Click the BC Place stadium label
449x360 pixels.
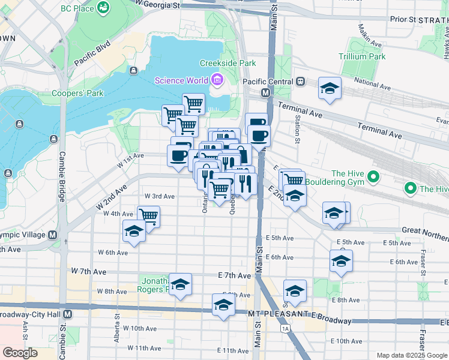79,8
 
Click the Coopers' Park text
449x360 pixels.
77,93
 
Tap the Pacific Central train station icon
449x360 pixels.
300,81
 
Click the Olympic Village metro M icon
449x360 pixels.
52,235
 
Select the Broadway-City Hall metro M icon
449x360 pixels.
67,314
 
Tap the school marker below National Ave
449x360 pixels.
329,89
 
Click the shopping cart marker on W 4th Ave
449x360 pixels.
148,217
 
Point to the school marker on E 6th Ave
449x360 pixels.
341,261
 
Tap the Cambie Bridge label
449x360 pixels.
61,173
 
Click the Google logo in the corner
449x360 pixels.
20,353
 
